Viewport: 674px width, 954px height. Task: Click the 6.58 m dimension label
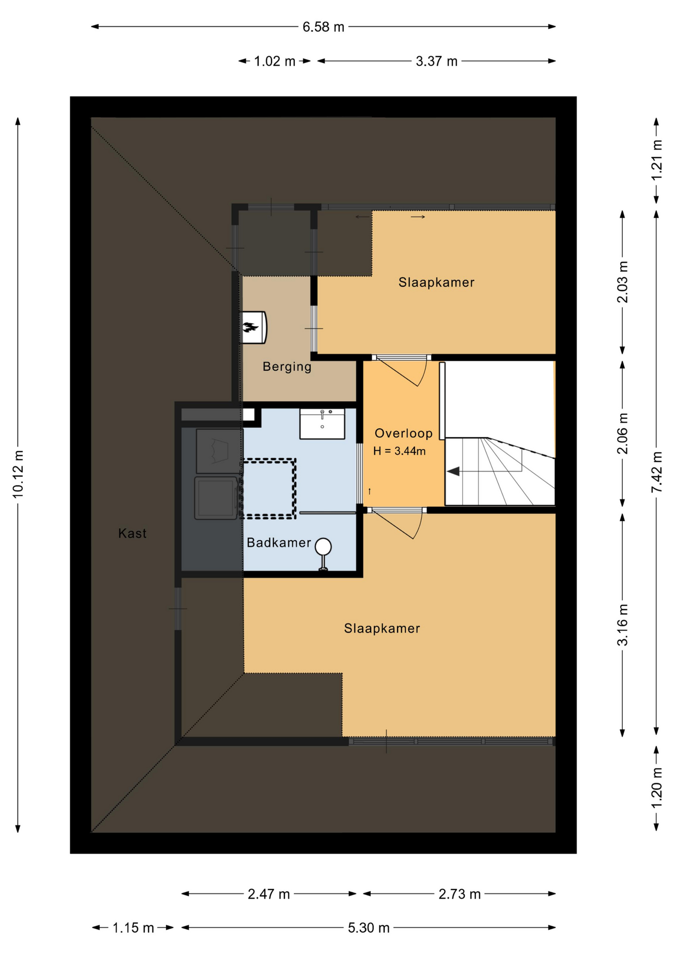[323, 27]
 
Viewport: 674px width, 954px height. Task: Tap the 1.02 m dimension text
[274, 61]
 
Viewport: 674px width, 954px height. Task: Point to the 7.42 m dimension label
[657, 472]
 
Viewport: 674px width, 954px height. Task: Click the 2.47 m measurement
[269, 894]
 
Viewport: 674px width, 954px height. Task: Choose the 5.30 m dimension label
[368, 928]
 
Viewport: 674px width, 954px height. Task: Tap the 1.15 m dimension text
[133, 928]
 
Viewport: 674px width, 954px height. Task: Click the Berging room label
[287, 367]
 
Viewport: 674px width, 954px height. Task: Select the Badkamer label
[279, 543]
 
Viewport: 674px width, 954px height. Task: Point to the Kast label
[133, 534]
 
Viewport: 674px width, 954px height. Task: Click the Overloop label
[404, 433]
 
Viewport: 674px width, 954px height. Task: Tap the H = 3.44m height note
[400, 451]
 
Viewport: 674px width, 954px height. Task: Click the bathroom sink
[322, 424]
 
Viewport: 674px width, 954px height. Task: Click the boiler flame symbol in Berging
[251, 327]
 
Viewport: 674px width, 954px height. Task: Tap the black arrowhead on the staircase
[453, 471]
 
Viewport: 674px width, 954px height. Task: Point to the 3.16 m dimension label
[622, 625]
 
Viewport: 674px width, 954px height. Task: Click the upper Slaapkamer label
[436, 282]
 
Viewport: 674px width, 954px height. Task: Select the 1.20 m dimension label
[657, 788]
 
